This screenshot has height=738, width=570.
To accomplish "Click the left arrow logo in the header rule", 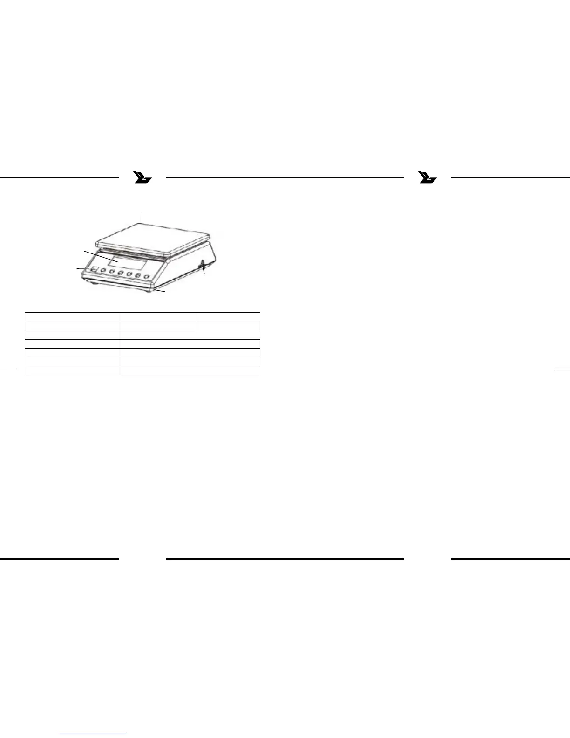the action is click(x=142, y=178).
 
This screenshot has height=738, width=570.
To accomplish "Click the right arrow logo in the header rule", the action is click(x=427, y=178).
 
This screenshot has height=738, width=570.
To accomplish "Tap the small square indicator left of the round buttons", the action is click(x=95, y=269).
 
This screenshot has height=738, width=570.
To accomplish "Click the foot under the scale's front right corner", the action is click(x=149, y=291).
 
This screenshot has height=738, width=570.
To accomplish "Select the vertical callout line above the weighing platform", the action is click(x=140, y=218).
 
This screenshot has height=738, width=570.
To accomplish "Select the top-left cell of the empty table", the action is click(x=73, y=317).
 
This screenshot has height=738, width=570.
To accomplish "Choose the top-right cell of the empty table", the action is click(x=228, y=317).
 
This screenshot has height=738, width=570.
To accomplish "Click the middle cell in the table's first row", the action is click(x=158, y=317).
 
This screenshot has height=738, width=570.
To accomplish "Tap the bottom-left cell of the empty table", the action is click(x=73, y=370).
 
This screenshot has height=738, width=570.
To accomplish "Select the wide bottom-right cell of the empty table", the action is click(x=190, y=370).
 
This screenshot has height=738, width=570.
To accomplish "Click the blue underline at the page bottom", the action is click(x=93, y=734).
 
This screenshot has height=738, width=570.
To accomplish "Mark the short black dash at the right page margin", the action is click(x=563, y=369).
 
